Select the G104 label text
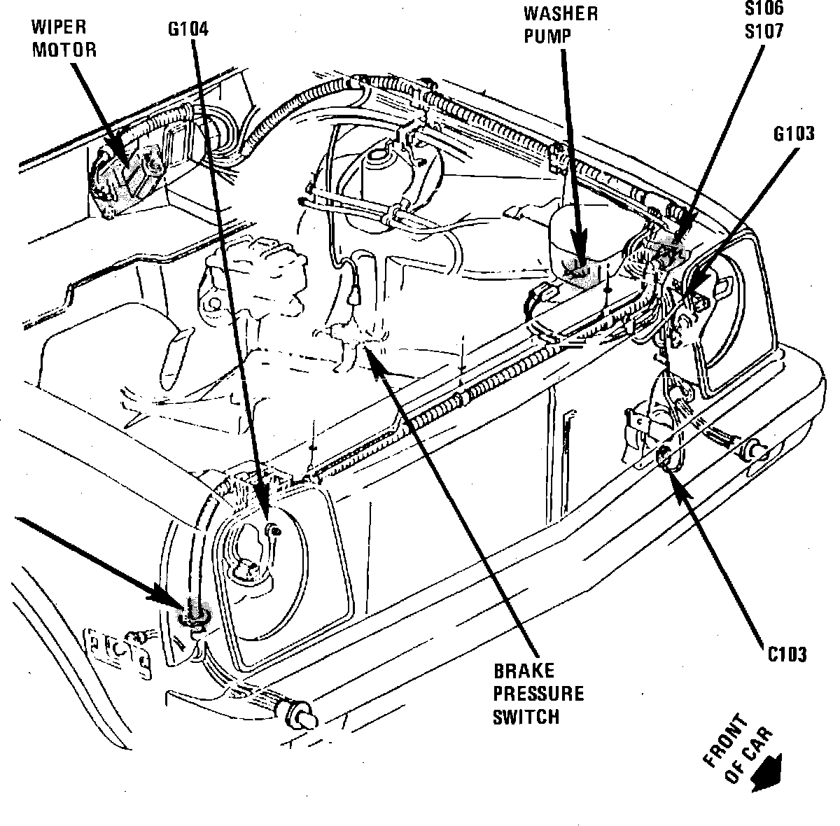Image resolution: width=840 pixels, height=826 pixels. (x=188, y=29)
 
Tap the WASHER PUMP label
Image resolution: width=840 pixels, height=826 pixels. (x=561, y=24)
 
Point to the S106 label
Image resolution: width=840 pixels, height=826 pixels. (x=764, y=9)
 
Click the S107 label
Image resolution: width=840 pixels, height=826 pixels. (x=764, y=31)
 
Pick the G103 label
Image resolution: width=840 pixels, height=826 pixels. (x=794, y=134)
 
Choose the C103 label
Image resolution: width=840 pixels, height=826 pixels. (x=785, y=654)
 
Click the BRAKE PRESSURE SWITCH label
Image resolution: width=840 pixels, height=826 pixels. (x=538, y=694)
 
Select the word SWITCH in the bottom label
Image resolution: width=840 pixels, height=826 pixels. (x=526, y=717)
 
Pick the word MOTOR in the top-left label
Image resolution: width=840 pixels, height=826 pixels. (x=62, y=50)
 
